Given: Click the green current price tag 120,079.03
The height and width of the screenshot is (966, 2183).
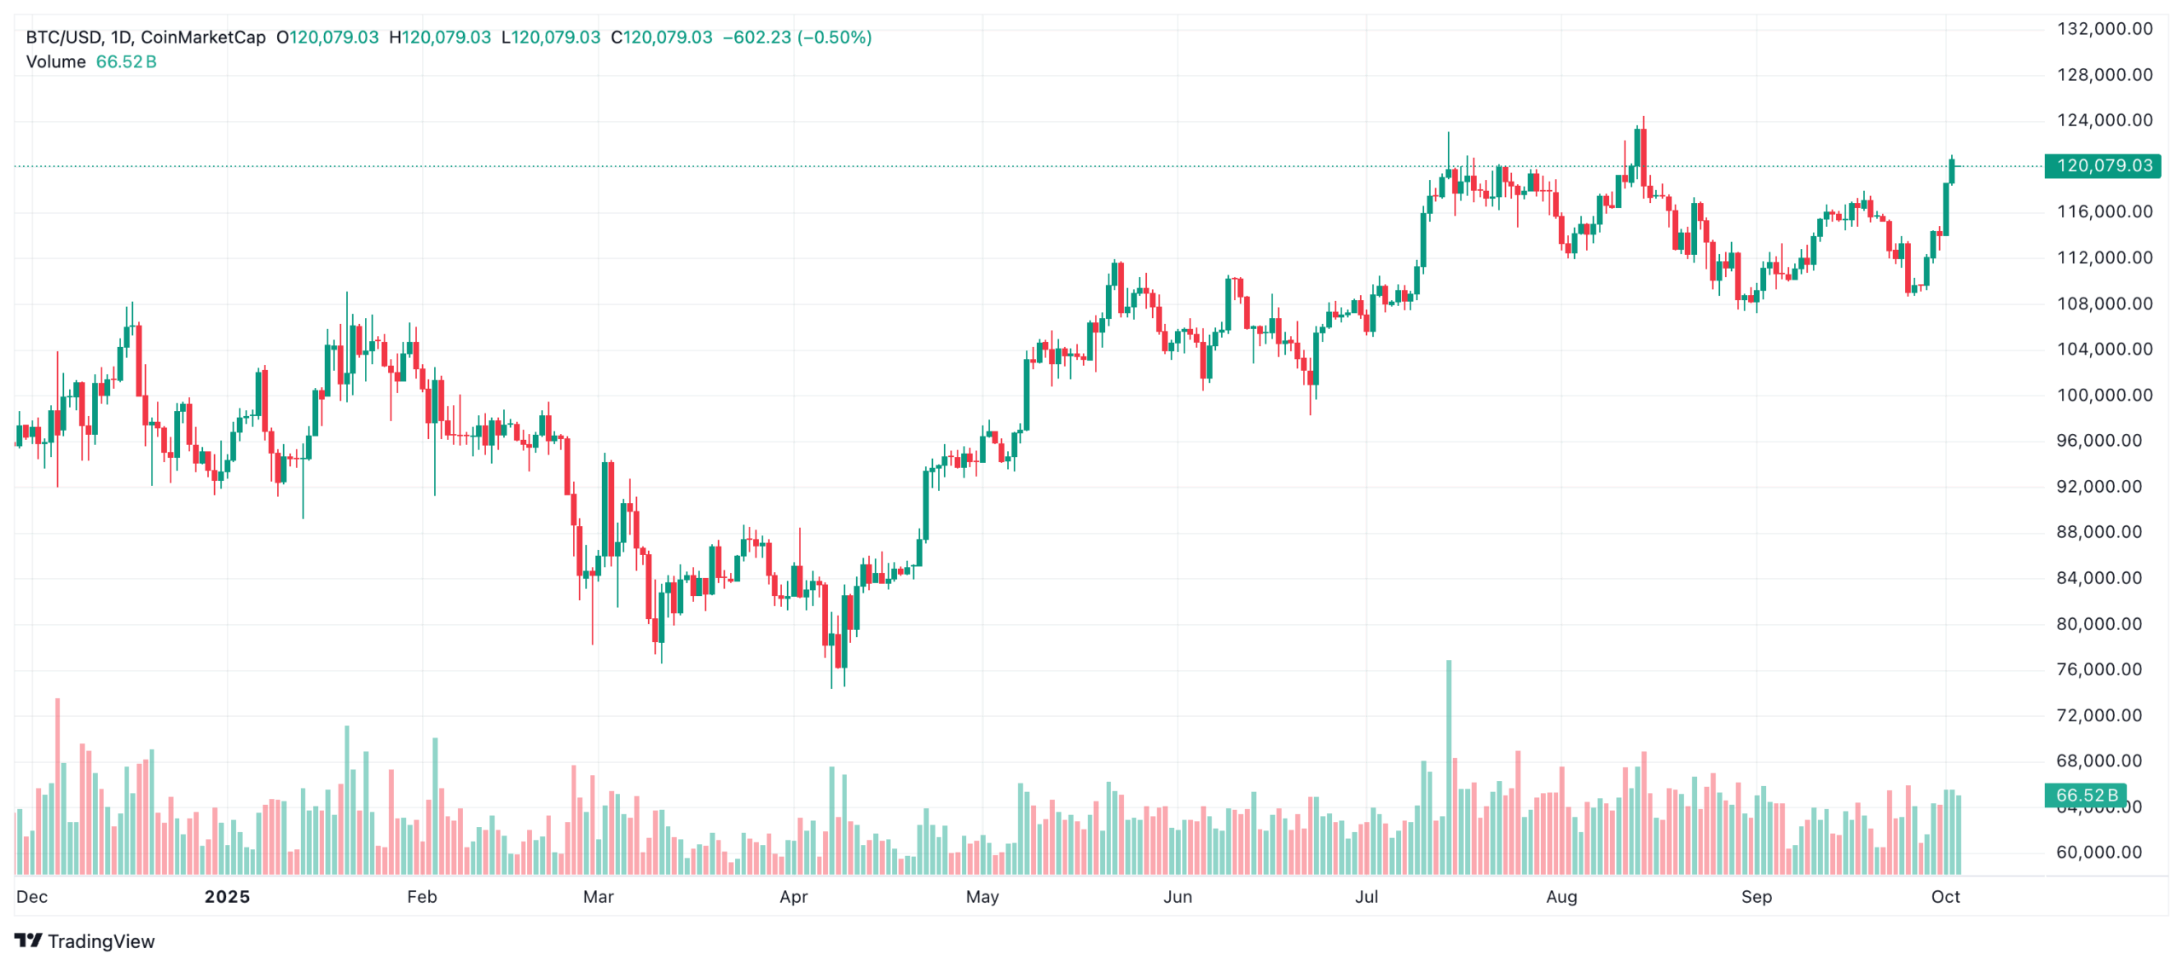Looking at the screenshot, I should pyautogui.click(x=2103, y=165).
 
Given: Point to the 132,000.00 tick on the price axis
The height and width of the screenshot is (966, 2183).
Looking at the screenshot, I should pyautogui.click(x=2104, y=29).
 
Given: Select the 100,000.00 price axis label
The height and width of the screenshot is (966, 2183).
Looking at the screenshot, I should pyautogui.click(x=2104, y=395).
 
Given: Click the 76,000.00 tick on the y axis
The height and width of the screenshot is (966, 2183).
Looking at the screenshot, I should pyautogui.click(x=2099, y=669).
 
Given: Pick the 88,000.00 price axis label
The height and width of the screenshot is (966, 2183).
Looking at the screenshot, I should pyautogui.click(x=2099, y=532).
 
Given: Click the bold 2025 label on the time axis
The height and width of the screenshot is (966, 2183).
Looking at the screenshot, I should pyautogui.click(x=227, y=896).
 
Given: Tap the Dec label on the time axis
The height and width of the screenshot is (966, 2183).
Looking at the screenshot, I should pyautogui.click(x=32, y=896).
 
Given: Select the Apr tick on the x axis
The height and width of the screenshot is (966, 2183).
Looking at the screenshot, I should pyautogui.click(x=793, y=896).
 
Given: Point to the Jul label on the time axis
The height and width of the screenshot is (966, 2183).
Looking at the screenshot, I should pyautogui.click(x=1366, y=896).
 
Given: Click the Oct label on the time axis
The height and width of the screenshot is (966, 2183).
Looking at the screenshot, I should pyautogui.click(x=1945, y=896).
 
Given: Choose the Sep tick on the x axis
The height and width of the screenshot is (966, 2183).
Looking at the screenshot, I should pyautogui.click(x=1756, y=896).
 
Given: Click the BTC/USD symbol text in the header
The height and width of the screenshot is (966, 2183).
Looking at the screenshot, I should pyautogui.click(x=64, y=38).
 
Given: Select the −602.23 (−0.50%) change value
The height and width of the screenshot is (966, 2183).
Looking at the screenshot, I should pyautogui.click(x=796, y=38).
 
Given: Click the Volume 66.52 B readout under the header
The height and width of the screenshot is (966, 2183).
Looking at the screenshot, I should pyautogui.click(x=91, y=62).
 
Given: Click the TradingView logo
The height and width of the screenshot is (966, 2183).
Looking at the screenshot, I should pyautogui.click(x=84, y=940).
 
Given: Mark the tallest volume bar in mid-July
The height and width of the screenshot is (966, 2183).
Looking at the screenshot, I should pyautogui.click(x=1448, y=767).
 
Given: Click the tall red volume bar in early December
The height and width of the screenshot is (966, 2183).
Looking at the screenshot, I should pyautogui.click(x=57, y=784).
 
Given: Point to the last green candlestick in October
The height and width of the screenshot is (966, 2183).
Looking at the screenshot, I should pyautogui.click(x=1952, y=171).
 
